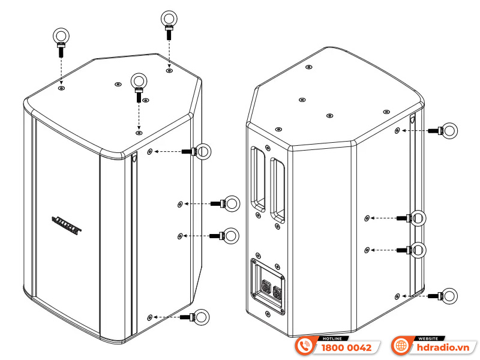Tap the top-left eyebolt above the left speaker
coord(61,40)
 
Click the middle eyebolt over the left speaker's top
coord(139,83)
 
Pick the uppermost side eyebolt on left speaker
coord(202,152)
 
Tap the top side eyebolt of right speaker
coord(446,130)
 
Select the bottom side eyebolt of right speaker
coord(446,295)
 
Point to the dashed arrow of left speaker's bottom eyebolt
coord(170,316)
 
